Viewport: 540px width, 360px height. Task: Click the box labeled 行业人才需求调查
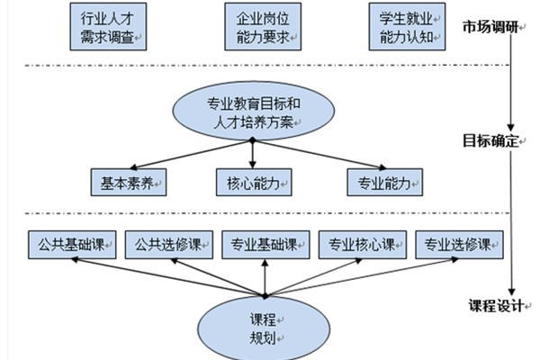pyautogui.click(x=108, y=27)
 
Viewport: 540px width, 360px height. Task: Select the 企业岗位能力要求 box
pyautogui.click(x=261, y=27)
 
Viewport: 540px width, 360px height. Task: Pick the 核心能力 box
pyautogui.click(x=252, y=181)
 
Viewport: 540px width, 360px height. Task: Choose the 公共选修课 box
pyautogui.click(x=169, y=245)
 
